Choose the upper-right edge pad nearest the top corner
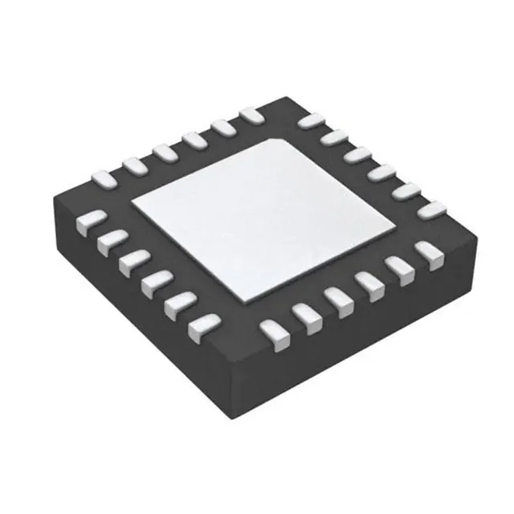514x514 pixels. click(309, 120)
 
